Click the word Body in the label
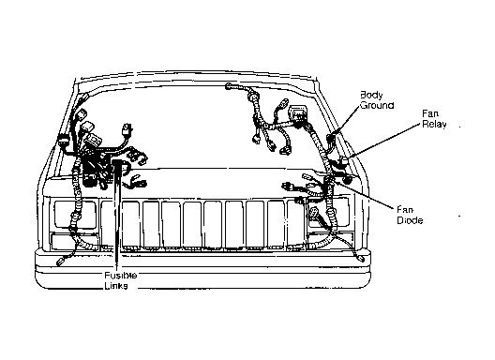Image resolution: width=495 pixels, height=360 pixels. [371, 95]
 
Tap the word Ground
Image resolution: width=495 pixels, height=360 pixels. [377, 105]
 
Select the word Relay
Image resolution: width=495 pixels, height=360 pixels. [434, 124]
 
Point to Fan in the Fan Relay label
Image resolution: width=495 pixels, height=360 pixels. [430, 113]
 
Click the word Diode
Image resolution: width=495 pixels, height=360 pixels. [410, 220]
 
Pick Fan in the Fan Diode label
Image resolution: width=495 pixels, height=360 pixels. [405, 210]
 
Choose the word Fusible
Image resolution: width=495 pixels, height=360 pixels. [121, 276]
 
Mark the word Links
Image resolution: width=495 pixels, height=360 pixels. [116, 286]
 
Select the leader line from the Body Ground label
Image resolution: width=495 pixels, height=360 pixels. [346, 122]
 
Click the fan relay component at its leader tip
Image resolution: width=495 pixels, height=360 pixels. [343, 161]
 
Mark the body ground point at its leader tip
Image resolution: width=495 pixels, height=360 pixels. [331, 138]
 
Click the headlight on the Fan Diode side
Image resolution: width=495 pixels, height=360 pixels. [328, 212]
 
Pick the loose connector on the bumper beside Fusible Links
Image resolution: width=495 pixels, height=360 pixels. [60, 262]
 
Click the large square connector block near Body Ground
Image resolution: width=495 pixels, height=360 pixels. [298, 114]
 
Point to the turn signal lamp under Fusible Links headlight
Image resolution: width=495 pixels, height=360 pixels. [75, 241]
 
